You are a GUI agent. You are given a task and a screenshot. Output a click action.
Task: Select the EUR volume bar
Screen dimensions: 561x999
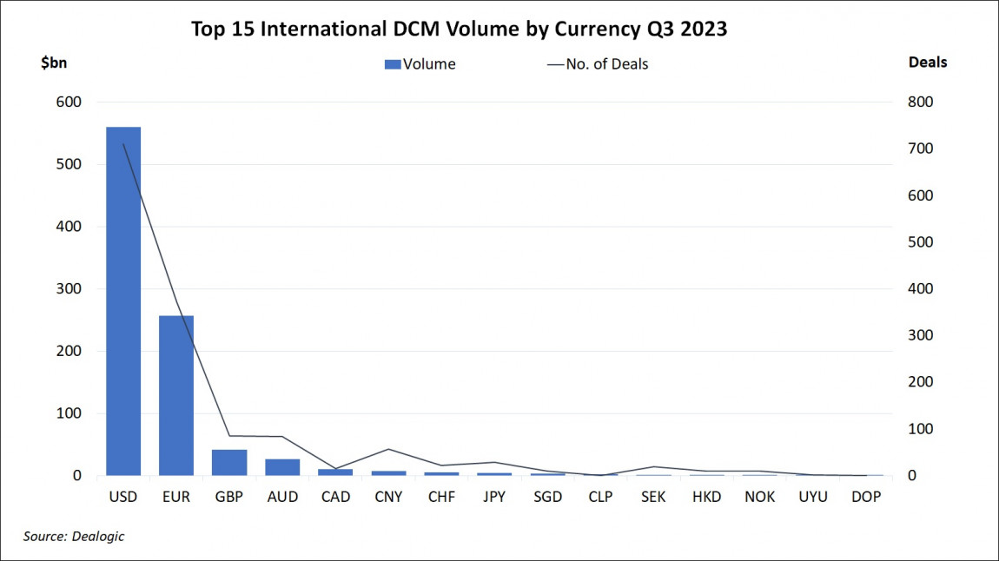(x=176, y=395)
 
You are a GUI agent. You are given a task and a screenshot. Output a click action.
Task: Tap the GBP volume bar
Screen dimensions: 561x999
(x=229, y=463)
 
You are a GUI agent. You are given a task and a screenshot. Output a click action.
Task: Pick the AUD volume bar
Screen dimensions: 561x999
(x=282, y=467)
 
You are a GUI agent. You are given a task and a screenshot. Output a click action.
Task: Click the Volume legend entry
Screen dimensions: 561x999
(x=420, y=63)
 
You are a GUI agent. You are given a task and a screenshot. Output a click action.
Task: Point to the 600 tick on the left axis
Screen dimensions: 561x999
(x=69, y=102)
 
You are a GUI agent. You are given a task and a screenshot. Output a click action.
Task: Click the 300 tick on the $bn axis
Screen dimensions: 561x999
(x=69, y=289)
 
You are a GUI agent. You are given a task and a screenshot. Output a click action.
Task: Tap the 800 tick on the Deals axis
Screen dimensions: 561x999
(x=920, y=102)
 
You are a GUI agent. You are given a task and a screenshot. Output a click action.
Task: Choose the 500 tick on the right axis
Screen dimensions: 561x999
(x=920, y=242)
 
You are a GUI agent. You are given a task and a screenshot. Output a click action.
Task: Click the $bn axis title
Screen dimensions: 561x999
(x=54, y=63)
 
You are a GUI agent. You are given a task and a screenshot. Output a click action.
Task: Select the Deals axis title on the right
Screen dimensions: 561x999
(x=928, y=63)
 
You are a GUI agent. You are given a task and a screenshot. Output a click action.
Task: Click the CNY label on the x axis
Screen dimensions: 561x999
(x=388, y=498)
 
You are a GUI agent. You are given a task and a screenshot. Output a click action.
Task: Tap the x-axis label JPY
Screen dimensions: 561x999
(x=494, y=498)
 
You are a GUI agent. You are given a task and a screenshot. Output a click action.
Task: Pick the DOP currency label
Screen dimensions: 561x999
(x=866, y=498)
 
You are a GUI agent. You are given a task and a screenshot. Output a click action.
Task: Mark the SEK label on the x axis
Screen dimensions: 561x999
(x=653, y=498)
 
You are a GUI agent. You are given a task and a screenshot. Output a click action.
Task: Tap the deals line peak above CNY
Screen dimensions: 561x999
(x=388, y=449)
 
